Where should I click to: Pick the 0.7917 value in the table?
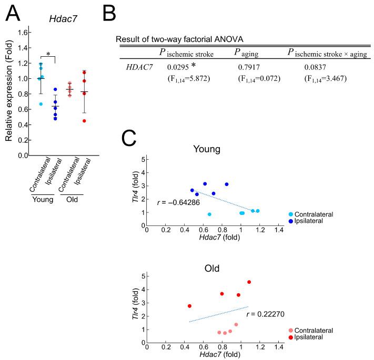249,67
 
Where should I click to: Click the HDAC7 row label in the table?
139,67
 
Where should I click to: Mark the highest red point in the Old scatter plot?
249,282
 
